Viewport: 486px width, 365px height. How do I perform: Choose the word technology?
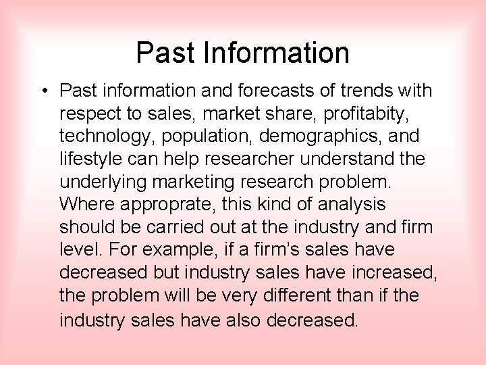(106, 136)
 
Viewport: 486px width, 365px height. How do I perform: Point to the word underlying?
(103, 182)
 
